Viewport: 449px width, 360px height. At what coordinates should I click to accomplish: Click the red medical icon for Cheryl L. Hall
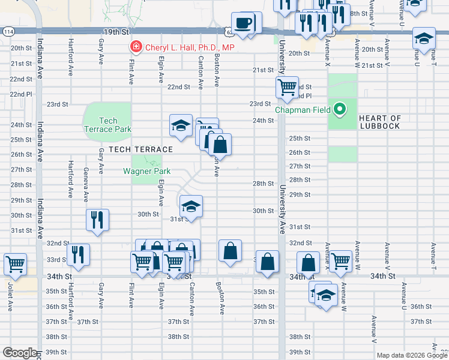click(x=136, y=47)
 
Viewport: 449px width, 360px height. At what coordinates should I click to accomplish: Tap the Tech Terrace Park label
click(x=108, y=125)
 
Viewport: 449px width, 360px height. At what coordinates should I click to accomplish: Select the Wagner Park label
click(x=147, y=171)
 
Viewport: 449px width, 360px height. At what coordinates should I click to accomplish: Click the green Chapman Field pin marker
click(x=340, y=109)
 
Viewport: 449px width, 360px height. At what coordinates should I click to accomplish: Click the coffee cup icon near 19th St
click(x=243, y=23)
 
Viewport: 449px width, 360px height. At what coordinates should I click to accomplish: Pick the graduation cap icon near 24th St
click(x=181, y=125)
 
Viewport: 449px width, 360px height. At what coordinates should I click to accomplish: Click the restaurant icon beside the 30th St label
click(x=97, y=219)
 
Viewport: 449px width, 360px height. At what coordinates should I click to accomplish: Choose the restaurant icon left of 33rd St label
click(x=79, y=254)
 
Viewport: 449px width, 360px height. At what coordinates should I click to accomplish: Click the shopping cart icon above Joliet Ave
click(x=15, y=263)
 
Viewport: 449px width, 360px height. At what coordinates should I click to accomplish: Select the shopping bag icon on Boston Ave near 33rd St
click(x=231, y=251)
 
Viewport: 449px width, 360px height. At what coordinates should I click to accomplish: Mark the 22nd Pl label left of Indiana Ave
click(x=20, y=94)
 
